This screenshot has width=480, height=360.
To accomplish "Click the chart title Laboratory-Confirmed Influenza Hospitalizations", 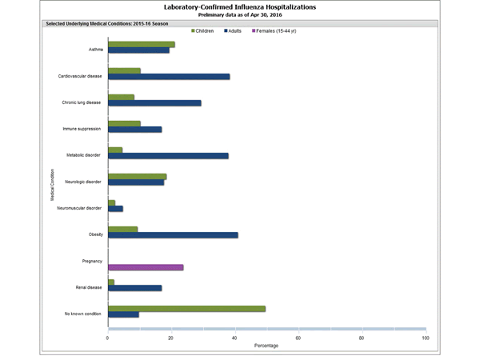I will pyautogui.click(x=240, y=7).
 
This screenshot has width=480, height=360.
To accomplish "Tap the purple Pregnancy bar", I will pyautogui.click(x=146, y=267).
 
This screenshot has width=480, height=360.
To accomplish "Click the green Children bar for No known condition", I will pyautogui.click(x=186, y=308).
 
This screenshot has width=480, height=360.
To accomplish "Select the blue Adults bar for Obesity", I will pyautogui.click(x=173, y=235).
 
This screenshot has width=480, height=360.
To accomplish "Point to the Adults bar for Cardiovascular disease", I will pyautogui.click(x=169, y=77).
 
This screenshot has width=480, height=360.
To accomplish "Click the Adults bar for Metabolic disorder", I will pyautogui.click(x=168, y=156).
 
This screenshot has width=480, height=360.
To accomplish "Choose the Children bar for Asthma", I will pyautogui.click(x=142, y=45).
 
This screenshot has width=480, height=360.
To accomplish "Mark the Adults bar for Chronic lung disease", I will pyautogui.click(x=154, y=103).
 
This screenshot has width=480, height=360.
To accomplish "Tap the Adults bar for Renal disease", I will pyautogui.click(x=134, y=288).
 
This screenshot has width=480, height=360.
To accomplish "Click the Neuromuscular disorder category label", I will pyautogui.click(x=83, y=208).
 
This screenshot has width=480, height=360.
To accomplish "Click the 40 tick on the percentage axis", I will pyautogui.click(x=234, y=338).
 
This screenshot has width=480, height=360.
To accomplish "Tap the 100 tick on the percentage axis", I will pyautogui.click(x=425, y=338).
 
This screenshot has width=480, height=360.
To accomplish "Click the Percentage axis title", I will pyautogui.click(x=266, y=346).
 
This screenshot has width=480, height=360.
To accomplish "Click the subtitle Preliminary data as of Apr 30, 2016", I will pyautogui.click(x=240, y=15).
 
